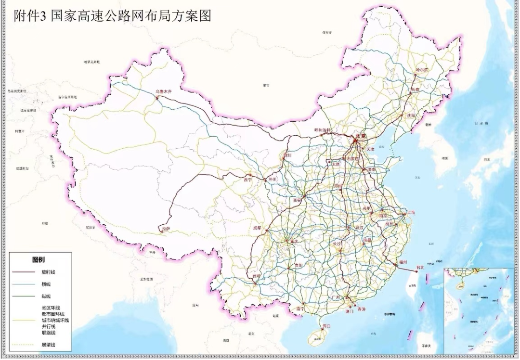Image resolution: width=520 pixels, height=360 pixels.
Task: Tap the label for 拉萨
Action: pos(166,229)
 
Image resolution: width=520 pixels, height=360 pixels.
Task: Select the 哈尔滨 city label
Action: pos(422,70)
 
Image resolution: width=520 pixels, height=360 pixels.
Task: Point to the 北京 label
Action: pos(361,136)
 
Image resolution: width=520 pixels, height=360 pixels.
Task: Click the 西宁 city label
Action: pos(248,180)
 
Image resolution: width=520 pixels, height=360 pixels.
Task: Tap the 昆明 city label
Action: pos(256,276)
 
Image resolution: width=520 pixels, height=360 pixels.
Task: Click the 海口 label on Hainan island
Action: pos(326,326)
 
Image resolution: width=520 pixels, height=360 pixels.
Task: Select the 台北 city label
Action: pos(420,268)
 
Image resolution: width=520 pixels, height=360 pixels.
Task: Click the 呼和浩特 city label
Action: pos(323,130)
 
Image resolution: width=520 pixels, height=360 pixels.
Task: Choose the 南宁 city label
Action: pos(300,309)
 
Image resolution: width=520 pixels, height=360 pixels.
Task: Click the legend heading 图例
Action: pos(39,260)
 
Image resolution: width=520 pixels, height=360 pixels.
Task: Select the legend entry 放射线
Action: pos(48,272)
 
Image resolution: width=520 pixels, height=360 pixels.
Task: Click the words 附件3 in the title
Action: pos(32,16)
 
